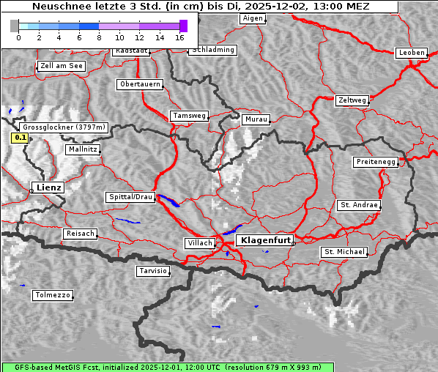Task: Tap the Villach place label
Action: click(x=198, y=242)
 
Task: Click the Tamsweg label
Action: click(x=190, y=116)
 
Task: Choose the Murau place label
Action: click(x=256, y=119)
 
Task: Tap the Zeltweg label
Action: click(x=352, y=100)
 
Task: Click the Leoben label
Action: click(x=412, y=53)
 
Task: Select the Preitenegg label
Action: click(x=376, y=162)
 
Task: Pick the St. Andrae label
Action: click(x=358, y=205)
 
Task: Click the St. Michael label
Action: click(x=344, y=252)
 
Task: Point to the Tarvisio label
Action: click(x=153, y=271)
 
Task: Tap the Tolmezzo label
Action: click(x=53, y=296)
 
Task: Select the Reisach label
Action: click(x=80, y=234)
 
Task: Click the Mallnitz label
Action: click(x=83, y=149)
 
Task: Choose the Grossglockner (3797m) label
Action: click(x=65, y=127)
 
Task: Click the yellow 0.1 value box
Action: click(x=21, y=137)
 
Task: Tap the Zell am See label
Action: click(x=61, y=66)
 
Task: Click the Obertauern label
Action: click(x=140, y=84)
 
